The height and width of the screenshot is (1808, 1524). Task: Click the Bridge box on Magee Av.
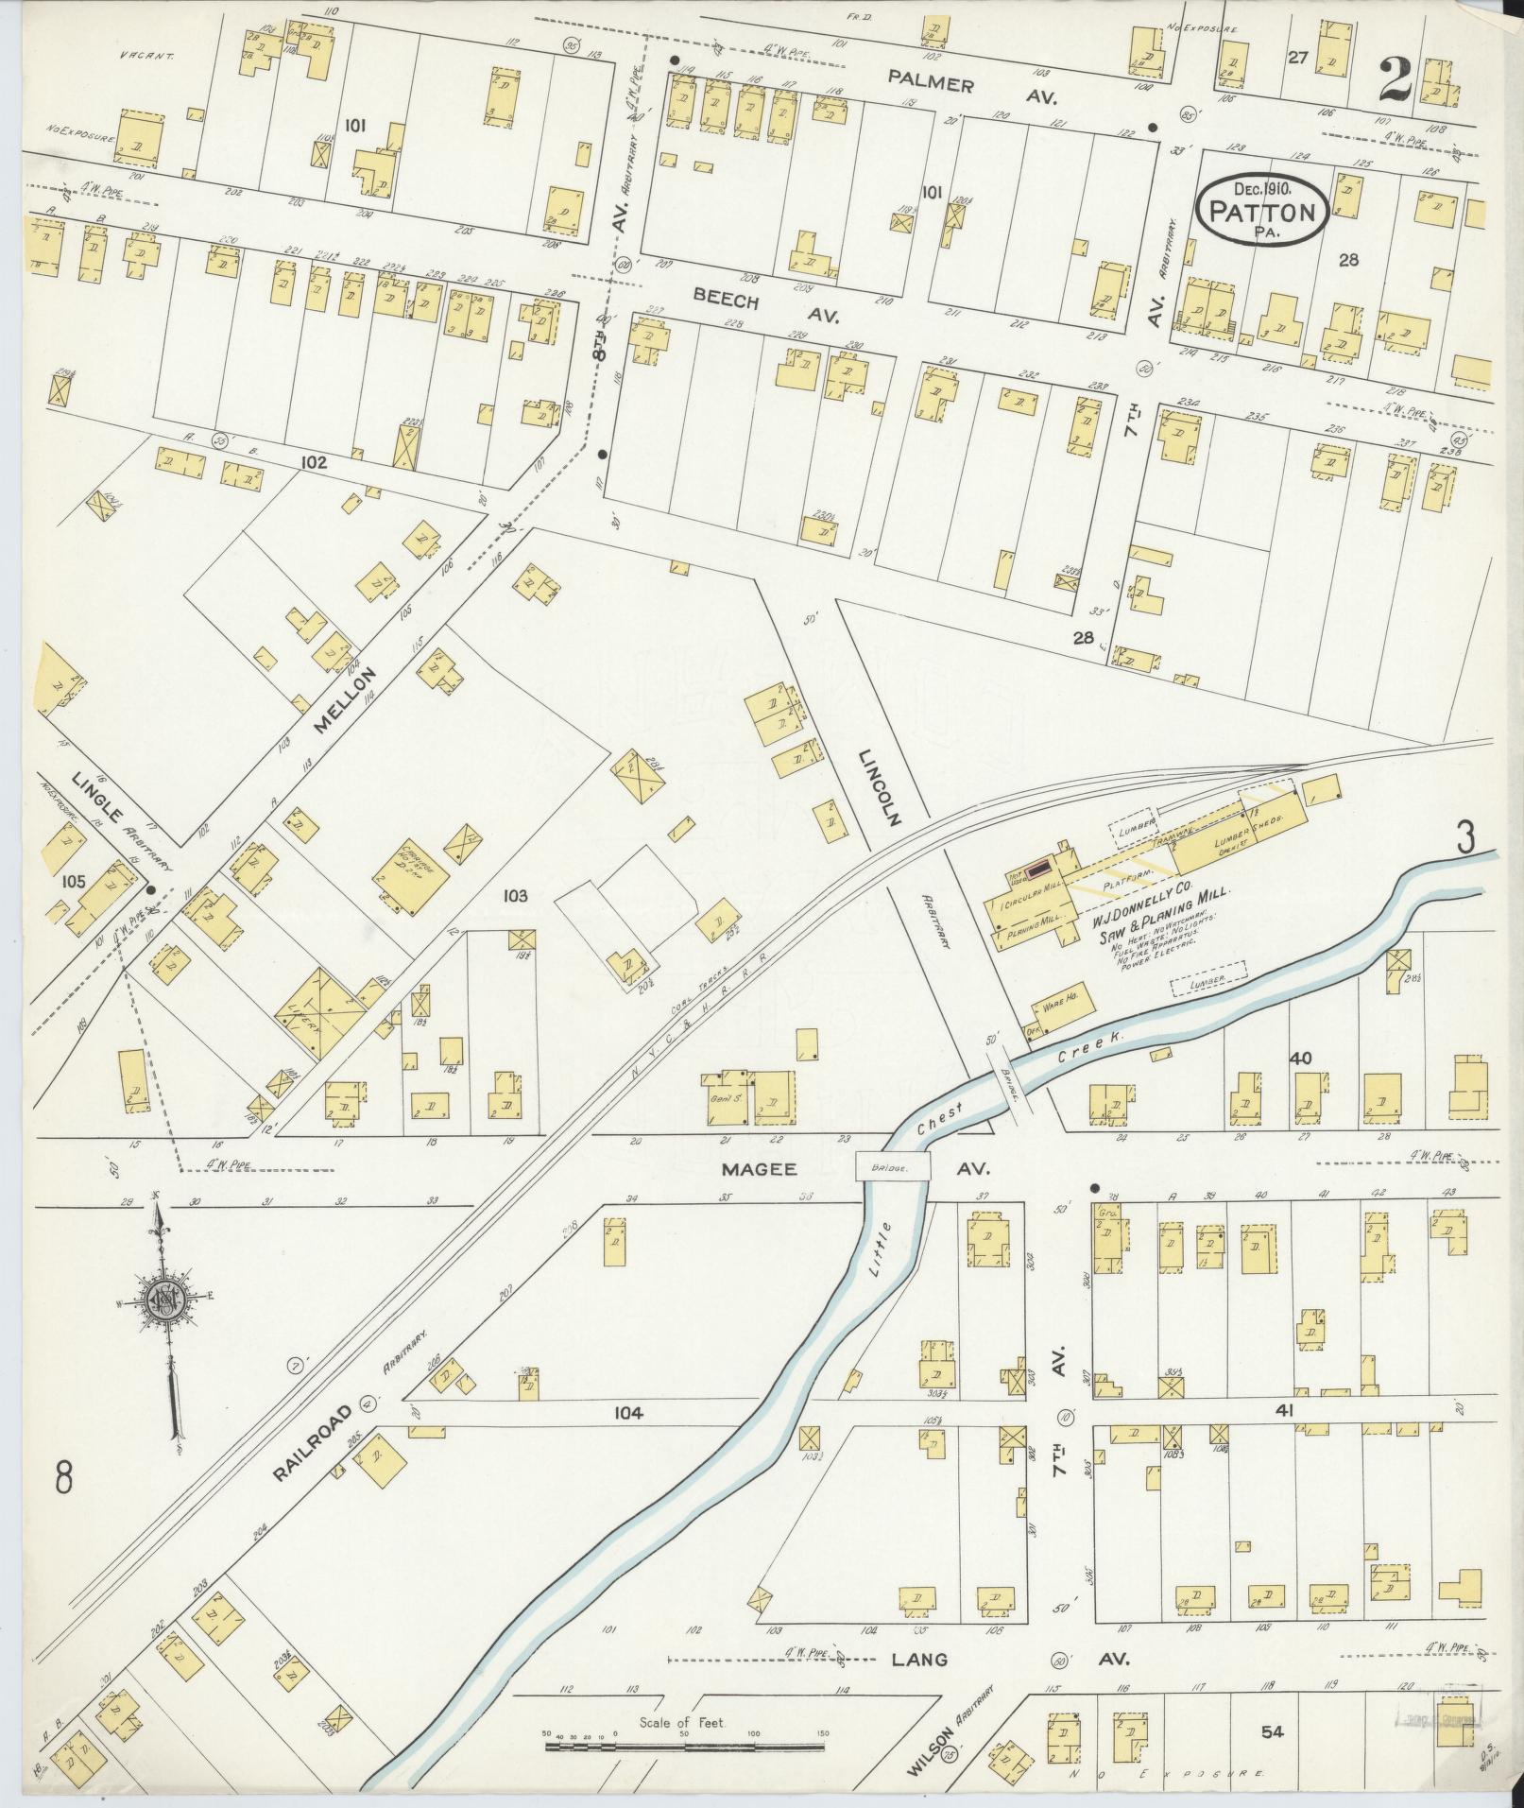pos(893,1167)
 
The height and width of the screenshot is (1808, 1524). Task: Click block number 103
pos(515,894)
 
